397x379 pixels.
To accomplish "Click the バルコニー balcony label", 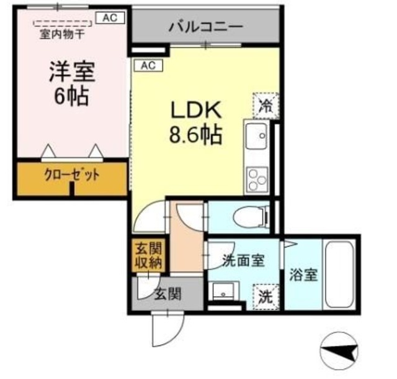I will (205, 27).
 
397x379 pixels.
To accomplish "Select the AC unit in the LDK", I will (146, 65).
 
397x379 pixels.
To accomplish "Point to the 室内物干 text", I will (61, 34).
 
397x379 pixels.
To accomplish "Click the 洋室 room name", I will (73, 71).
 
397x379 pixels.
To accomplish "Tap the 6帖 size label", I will (71, 96).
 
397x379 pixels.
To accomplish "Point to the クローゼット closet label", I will (72, 175).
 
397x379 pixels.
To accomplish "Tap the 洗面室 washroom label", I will (244, 260).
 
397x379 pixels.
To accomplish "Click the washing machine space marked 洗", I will (265, 296).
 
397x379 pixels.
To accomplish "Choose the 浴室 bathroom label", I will (303, 274).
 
